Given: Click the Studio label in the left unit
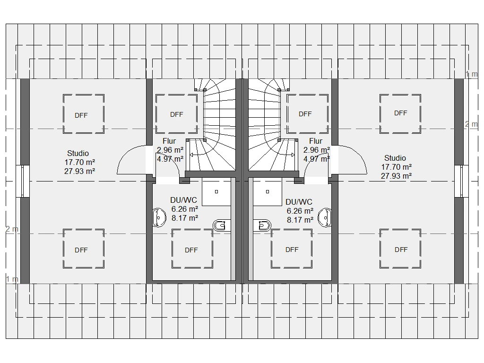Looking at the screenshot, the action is click(x=78, y=154).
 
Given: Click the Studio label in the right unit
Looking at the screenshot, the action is click(x=395, y=158).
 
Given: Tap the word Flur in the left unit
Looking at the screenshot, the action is click(x=169, y=141).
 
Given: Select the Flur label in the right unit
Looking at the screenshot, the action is click(x=316, y=141).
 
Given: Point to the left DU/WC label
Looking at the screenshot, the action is click(x=183, y=200).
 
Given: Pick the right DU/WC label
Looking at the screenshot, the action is click(x=299, y=202).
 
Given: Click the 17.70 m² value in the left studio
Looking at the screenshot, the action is click(x=79, y=162).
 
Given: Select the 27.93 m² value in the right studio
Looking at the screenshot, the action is click(x=397, y=176).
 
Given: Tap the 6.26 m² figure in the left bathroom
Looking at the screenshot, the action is click(x=185, y=209).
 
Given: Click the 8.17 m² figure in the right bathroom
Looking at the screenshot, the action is click(x=300, y=220).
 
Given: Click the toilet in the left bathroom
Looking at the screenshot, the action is click(x=222, y=225).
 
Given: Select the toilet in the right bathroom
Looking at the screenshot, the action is click(x=262, y=225).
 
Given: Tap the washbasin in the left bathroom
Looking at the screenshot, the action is click(x=159, y=217).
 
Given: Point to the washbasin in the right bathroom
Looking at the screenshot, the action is click(x=325, y=217).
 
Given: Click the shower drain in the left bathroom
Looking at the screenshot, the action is click(x=216, y=192).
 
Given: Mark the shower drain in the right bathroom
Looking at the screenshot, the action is click(x=268, y=192).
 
